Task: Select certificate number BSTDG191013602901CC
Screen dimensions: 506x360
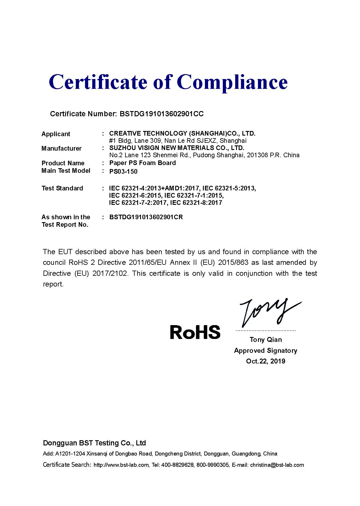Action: (161, 114)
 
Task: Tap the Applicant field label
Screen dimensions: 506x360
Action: (56, 134)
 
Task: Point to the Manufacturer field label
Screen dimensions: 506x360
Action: (61, 148)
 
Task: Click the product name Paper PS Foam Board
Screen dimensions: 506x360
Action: (142, 163)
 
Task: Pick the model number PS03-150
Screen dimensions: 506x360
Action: (123, 171)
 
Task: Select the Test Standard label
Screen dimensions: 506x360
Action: (62, 188)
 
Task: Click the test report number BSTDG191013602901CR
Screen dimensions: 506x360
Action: (146, 217)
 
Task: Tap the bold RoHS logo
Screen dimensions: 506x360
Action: (195, 332)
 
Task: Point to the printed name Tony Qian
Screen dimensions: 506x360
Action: (265, 340)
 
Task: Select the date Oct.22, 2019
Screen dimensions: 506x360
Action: (265, 361)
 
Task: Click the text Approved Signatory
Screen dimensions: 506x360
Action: (265, 351)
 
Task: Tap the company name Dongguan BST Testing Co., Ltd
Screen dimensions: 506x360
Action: (94, 443)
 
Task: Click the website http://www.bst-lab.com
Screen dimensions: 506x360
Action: (121, 465)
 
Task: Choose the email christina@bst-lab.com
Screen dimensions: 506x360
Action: (277, 465)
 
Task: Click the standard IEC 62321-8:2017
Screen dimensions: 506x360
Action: (196, 203)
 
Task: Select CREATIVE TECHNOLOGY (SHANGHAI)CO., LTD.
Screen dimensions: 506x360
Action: (182, 133)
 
